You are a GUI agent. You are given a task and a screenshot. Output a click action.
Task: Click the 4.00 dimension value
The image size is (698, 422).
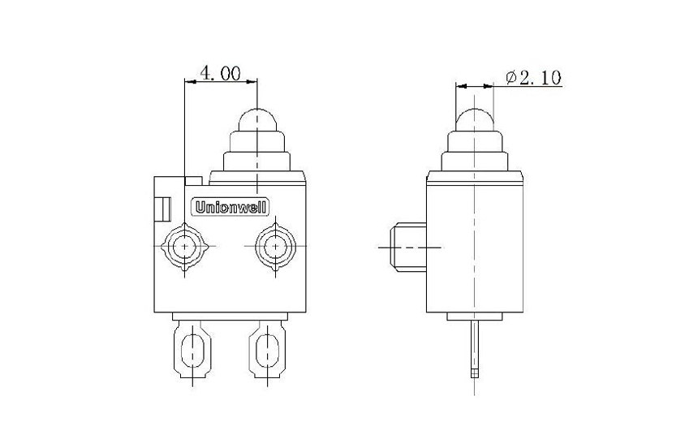point(220,73)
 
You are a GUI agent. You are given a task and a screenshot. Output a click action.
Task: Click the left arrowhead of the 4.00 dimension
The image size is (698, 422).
point(190,81)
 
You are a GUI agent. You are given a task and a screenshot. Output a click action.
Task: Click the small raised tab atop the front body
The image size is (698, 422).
point(193,178)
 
